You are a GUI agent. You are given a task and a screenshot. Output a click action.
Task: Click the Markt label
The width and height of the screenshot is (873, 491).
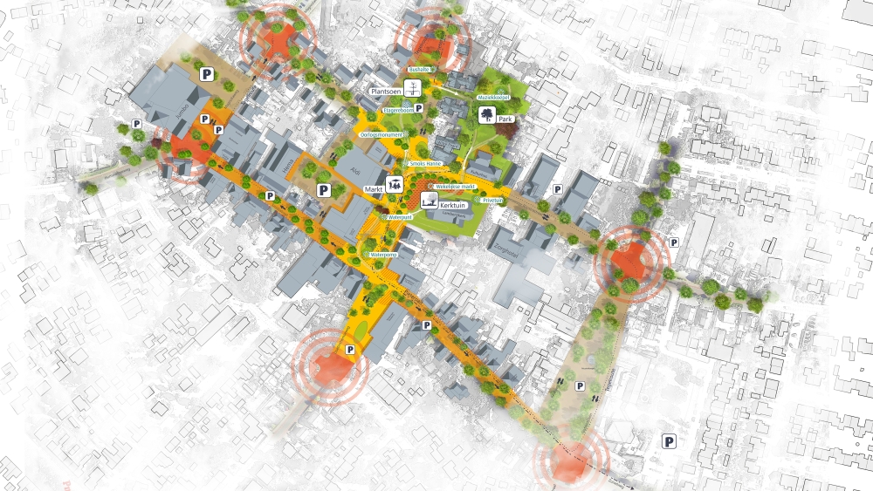pos(375,188)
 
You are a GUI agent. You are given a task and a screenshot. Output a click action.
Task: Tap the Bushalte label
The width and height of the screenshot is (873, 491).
pos(419,69)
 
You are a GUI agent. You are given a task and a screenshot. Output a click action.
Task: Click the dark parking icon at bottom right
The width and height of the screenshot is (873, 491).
pos(670,441)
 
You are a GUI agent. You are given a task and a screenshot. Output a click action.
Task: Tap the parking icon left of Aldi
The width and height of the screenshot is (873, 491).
pos(323,189)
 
